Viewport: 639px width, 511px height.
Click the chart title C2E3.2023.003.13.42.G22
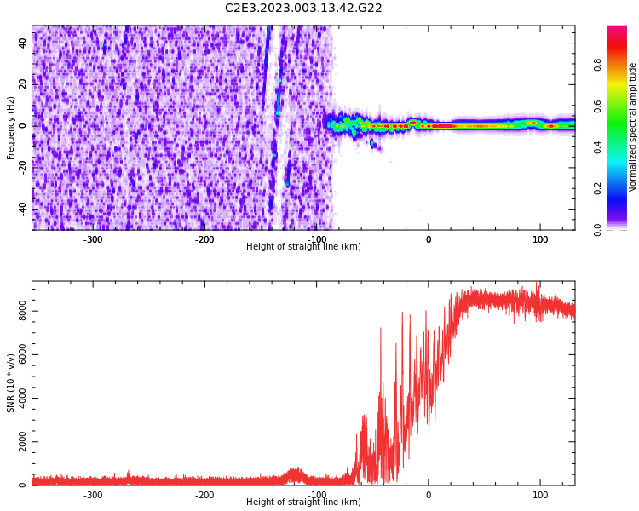pos(303,8)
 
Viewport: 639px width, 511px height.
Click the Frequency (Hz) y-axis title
pos(11,128)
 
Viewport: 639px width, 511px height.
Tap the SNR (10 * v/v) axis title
pos(11,383)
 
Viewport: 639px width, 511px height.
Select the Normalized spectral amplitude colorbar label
pos(633,128)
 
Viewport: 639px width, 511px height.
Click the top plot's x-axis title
pos(303,247)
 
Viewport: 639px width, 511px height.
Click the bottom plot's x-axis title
pos(303,502)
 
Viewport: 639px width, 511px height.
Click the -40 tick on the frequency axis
pos(20,209)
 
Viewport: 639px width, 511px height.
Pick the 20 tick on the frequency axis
pos(22,84)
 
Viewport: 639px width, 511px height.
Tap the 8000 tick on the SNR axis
pos(17,312)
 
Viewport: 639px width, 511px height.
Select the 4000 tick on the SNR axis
pos(17,399)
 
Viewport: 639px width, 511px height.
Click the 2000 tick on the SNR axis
pos(17,442)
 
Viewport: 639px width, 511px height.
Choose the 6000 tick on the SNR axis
pos(17,355)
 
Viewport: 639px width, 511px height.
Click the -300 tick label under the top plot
pos(93,239)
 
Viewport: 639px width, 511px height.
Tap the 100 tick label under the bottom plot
pos(540,495)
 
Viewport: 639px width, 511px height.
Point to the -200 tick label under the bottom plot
pos(204,495)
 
